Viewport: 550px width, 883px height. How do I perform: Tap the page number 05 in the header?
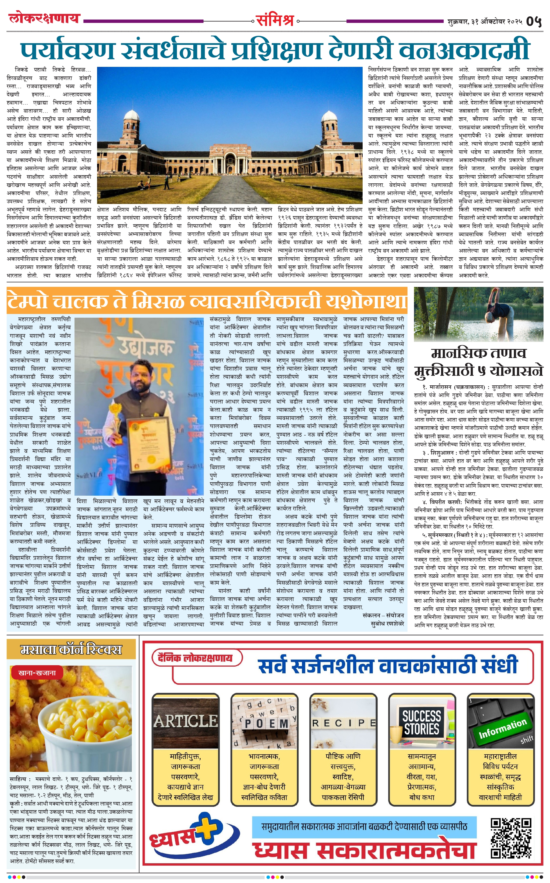coord(534,21)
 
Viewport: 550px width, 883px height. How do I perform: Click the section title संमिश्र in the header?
coord(275,20)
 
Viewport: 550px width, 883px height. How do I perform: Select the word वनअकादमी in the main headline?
coord(464,50)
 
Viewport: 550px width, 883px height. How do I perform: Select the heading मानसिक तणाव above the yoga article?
coord(478,353)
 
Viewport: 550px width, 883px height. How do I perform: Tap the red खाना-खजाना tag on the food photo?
coord(37,673)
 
